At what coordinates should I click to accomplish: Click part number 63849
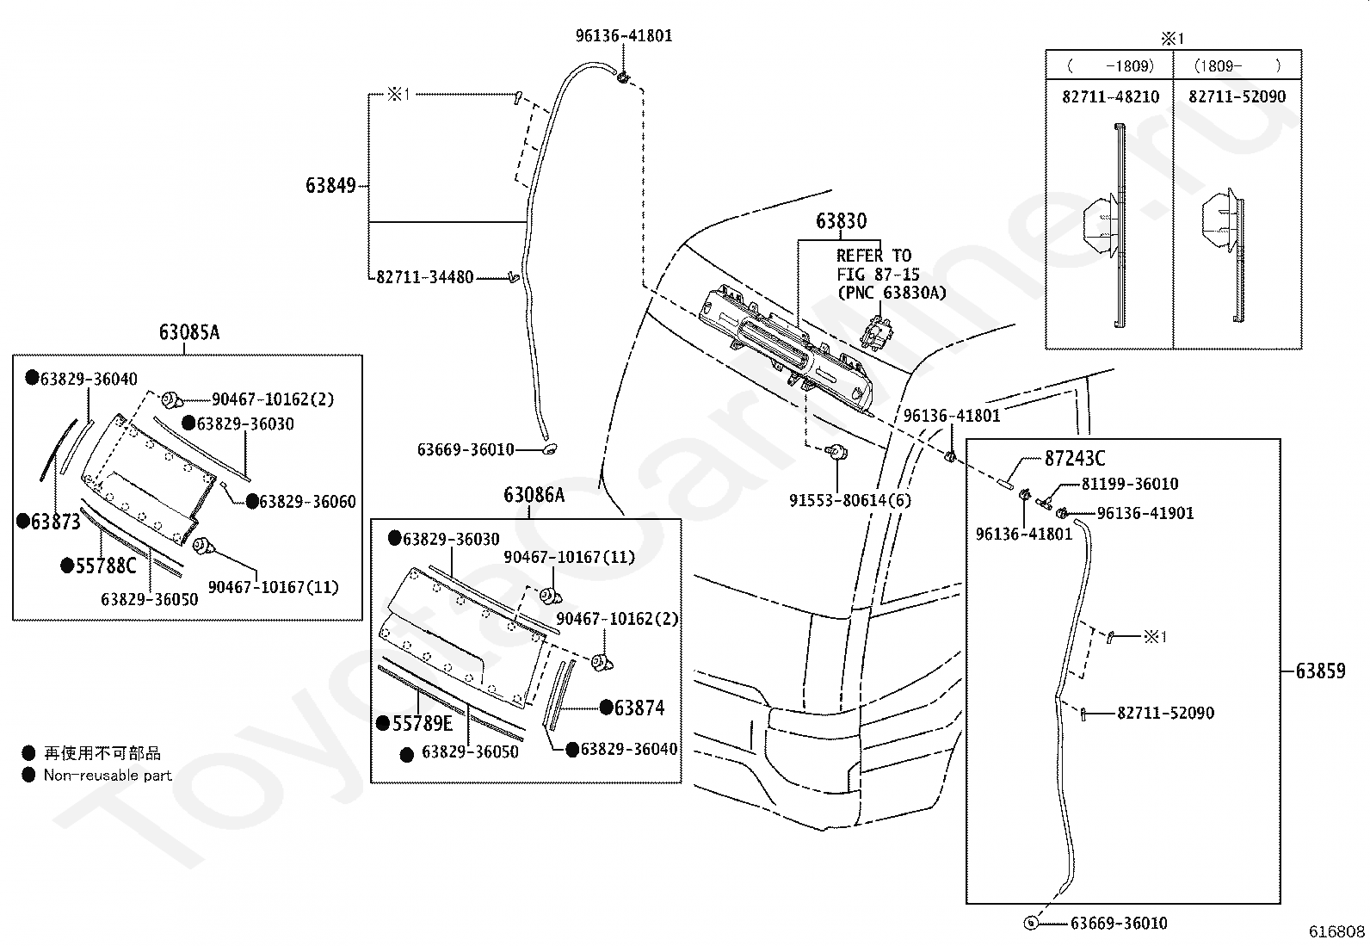(x=330, y=185)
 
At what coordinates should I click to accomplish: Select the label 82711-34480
(x=425, y=277)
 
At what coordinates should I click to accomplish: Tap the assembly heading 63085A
(x=188, y=332)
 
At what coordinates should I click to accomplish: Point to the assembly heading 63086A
(x=534, y=495)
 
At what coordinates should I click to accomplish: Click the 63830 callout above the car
(x=841, y=221)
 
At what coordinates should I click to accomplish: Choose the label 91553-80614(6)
(x=849, y=500)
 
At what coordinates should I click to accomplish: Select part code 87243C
(x=1075, y=459)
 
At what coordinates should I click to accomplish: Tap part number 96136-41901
(x=1145, y=513)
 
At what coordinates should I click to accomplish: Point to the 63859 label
(x=1320, y=670)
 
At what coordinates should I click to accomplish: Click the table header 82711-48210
(x=1110, y=97)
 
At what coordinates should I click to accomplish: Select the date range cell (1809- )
(x=1237, y=65)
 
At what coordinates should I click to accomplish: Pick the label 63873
(x=55, y=522)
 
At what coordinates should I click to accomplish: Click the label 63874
(x=639, y=708)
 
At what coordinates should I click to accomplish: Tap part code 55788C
(x=106, y=566)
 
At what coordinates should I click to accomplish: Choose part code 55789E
(x=422, y=723)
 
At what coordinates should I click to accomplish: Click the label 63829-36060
(x=307, y=502)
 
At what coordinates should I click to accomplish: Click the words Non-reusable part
(x=108, y=775)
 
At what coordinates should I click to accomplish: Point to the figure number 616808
(x=1336, y=931)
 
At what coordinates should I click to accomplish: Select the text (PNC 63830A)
(x=892, y=293)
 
